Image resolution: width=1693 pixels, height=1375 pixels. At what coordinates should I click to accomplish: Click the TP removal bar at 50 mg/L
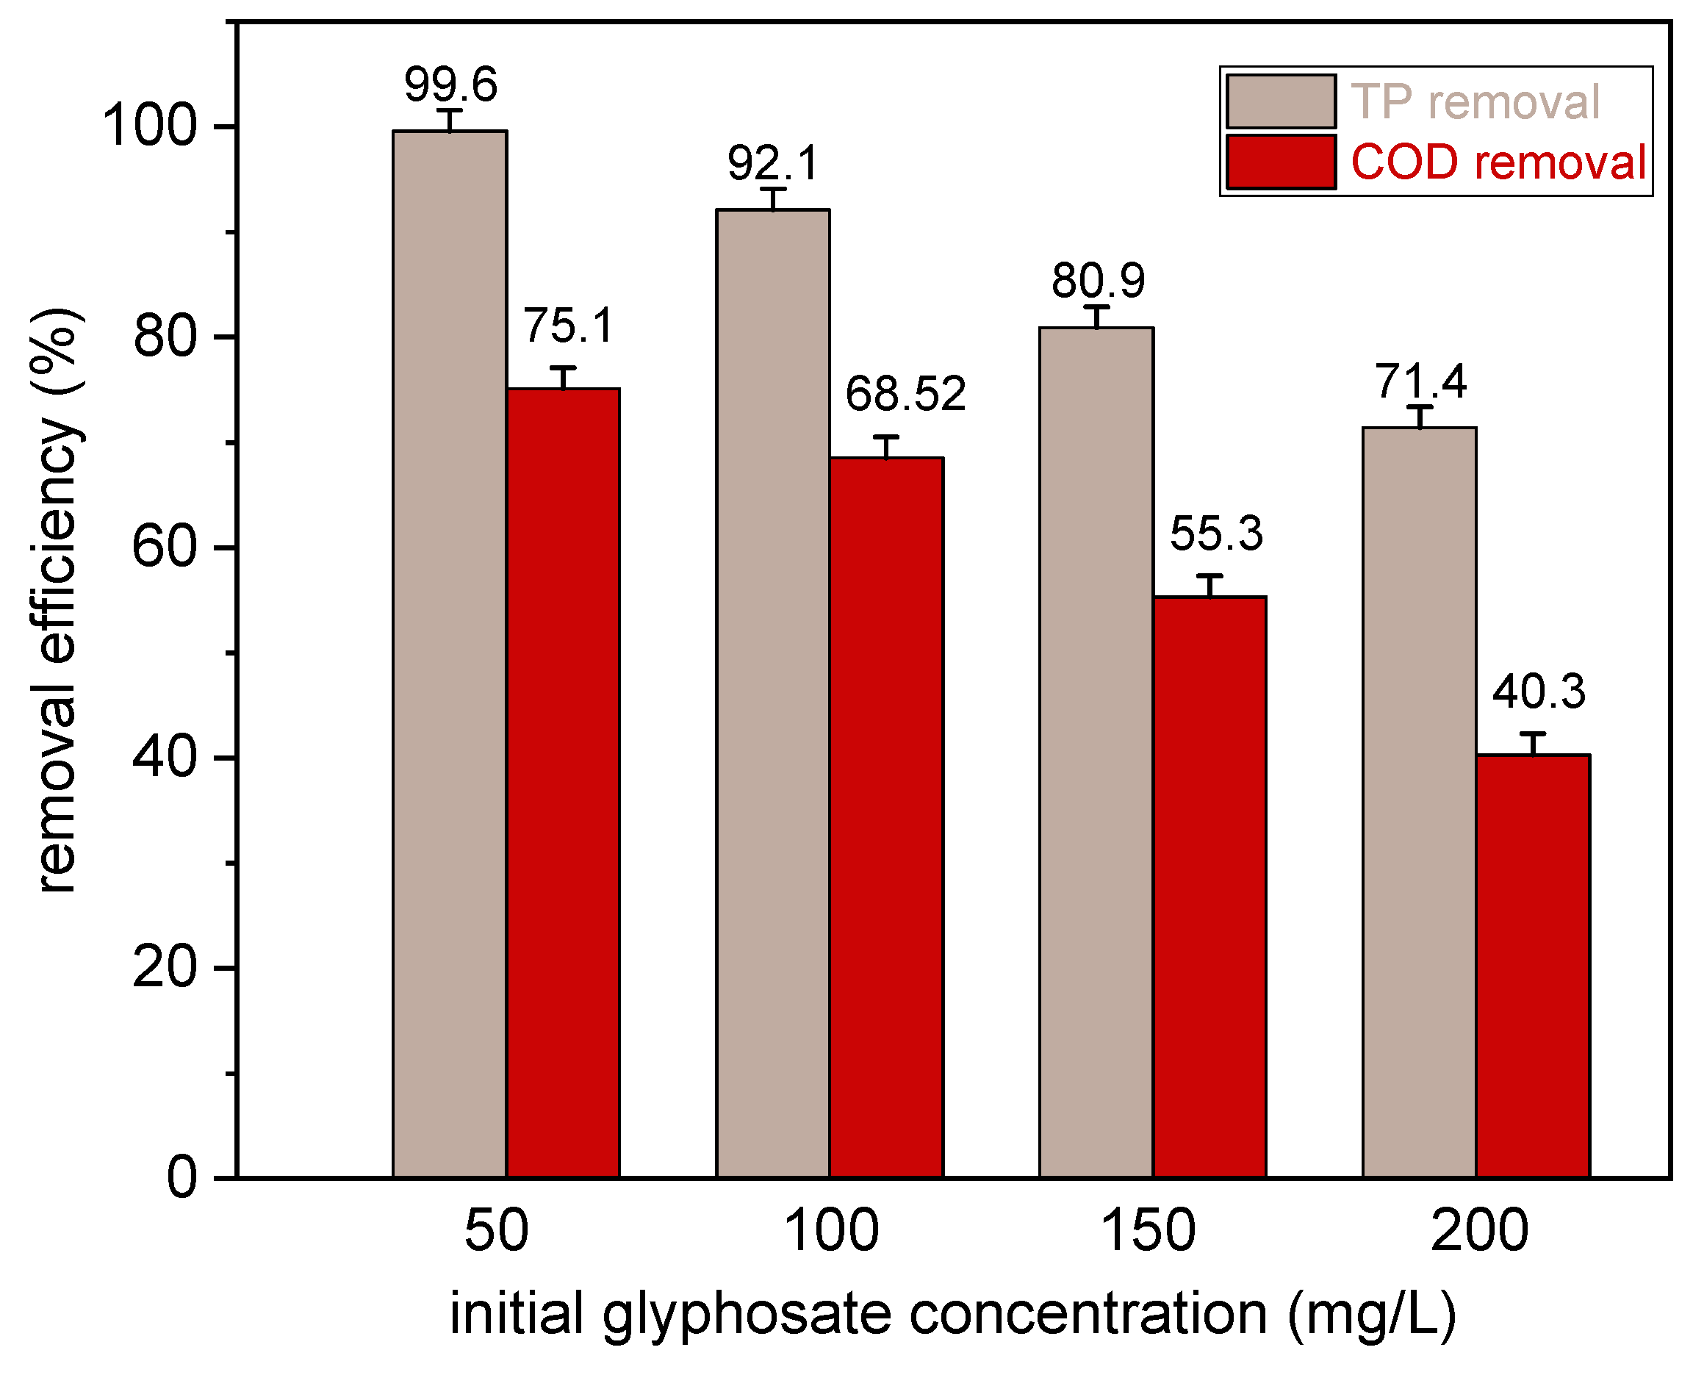pos(449,653)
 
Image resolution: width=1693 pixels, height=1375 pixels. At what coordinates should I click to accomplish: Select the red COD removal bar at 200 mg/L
pos(1532,966)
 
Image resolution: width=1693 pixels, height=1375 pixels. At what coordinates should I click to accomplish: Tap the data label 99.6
pos(450,84)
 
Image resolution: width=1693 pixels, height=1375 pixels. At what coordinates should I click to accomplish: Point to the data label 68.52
pos(905,394)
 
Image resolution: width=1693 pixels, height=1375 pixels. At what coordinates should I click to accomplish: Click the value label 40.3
pos(1539,692)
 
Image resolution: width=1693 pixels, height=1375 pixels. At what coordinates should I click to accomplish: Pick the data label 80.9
pos(1098,281)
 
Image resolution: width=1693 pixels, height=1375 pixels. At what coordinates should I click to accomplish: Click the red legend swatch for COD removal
pos(1281,162)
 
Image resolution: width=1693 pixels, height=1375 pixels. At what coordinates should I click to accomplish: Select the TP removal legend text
pos(1475,102)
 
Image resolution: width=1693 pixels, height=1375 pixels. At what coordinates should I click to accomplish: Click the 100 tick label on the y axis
pos(149,126)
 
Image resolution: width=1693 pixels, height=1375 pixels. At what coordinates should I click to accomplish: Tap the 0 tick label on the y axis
pos(181,1178)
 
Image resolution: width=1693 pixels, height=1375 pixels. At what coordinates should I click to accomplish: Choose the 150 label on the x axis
pos(1148,1231)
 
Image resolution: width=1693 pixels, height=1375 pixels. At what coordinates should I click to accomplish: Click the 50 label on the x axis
pos(496,1231)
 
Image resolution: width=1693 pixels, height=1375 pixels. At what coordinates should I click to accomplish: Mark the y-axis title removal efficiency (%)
pos(57,600)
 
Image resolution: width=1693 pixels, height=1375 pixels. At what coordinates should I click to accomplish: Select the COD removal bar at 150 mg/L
pos(1209,887)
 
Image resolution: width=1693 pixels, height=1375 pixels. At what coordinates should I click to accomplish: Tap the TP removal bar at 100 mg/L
pos(773,693)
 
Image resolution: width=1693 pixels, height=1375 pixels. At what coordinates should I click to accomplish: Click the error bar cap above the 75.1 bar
pos(562,368)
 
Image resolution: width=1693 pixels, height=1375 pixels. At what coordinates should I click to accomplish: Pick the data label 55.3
pos(1215,533)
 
